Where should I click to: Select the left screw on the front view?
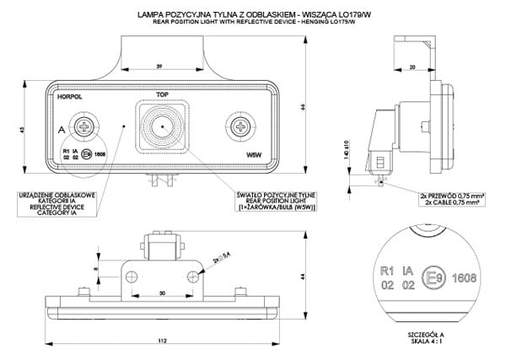85,127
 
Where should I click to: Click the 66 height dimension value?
301,105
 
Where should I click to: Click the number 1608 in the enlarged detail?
466,277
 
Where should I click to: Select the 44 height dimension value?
302,277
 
